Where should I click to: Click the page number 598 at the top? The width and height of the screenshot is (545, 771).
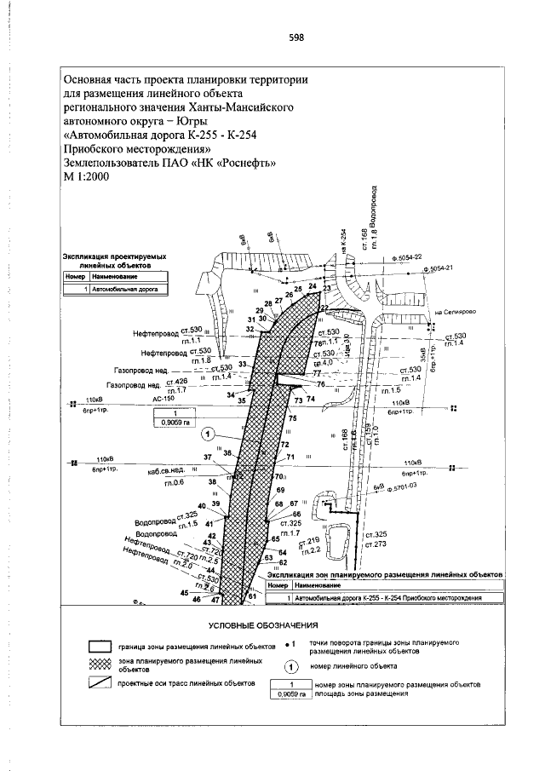pos(297,37)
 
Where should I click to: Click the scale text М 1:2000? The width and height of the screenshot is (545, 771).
pos(90,175)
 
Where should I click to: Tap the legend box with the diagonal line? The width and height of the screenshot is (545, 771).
pos(104,684)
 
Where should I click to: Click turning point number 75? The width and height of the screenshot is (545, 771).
pos(292,418)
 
